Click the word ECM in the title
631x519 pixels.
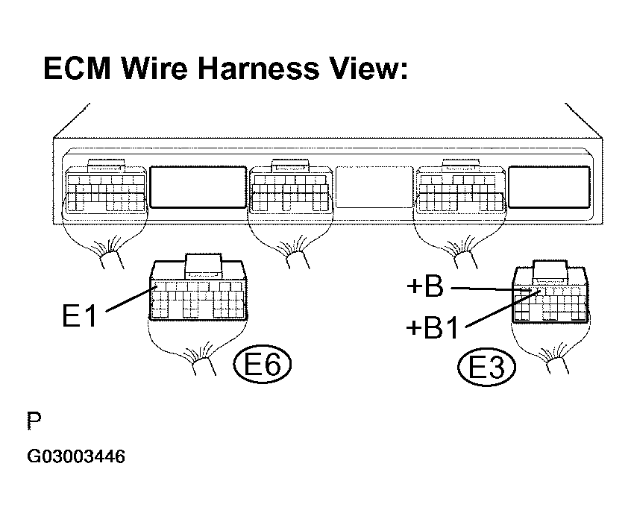pyautogui.click(x=77, y=68)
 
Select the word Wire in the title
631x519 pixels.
pyautogui.click(x=154, y=68)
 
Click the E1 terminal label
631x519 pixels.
pyautogui.click(x=79, y=316)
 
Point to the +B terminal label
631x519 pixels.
pyautogui.click(x=425, y=286)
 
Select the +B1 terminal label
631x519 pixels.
pyautogui.click(x=432, y=327)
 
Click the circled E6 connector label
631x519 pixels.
pyautogui.click(x=263, y=364)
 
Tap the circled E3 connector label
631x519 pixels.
pyautogui.click(x=486, y=368)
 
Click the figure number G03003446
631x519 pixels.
pyautogui.click(x=76, y=456)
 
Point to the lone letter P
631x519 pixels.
pyautogui.click(x=34, y=421)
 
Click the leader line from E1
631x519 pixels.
pyautogui.click(x=131, y=299)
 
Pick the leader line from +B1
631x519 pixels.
pyautogui.click(x=503, y=309)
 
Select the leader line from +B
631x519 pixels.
pyautogui.click(x=492, y=289)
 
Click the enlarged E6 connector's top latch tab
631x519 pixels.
pyautogui.click(x=203, y=266)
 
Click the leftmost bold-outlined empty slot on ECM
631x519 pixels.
pyautogui.click(x=198, y=187)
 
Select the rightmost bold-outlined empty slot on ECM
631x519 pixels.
pyautogui.click(x=549, y=187)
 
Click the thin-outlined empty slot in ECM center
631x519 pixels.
pyautogui.click(x=374, y=187)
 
